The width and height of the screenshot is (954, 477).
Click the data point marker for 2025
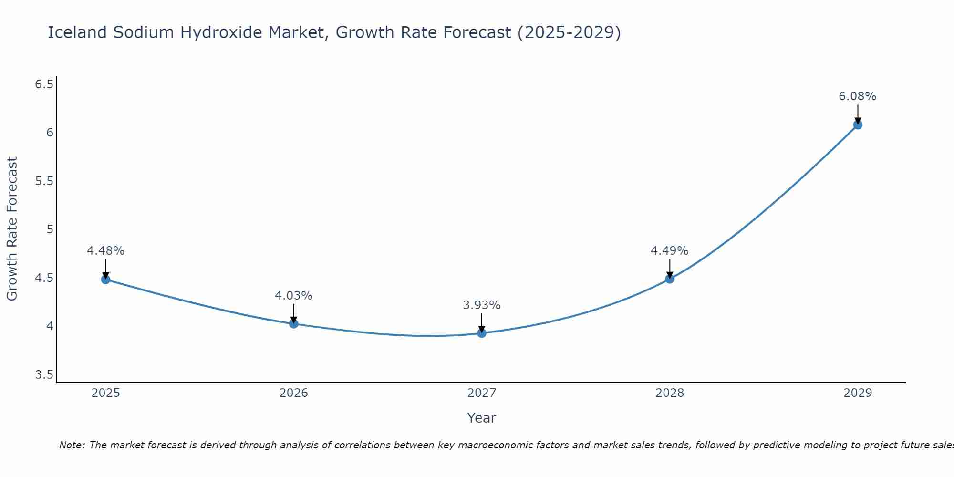pyautogui.click(x=105, y=280)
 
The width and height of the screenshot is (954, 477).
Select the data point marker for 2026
pyautogui.click(x=294, y=324)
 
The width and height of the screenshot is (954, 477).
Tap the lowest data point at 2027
pyautogui.click(x=482, y=333)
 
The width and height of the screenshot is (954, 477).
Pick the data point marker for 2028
pyautogui.click(x=670, y=279)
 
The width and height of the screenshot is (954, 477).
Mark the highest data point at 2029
pyautogui.click(x=858, y=125)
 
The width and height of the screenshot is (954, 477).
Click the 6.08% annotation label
pyautogui.click(x=857, y=96)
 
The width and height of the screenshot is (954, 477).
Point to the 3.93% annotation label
pyautogui.click(x=481, y=305)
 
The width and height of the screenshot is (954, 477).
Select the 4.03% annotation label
pyautogui.click(x=293, y=296)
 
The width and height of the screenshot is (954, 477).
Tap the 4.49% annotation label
pyautogui.click(x=669, y=251)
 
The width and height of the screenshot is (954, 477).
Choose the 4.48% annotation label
pyautogui.click(x=105, y=251)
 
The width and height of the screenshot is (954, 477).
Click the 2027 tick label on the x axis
pyautogui.click(x=482, y=393)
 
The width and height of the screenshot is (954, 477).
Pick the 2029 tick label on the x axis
pyautogui.click(x=858, y=393)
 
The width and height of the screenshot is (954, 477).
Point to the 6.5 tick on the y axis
pyautogui.click(x=44, y=84)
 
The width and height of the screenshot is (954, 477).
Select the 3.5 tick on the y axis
pyautogui.click(x=44, y=375)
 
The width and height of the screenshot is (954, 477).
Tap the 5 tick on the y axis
pyautogui.click(x=50, y=229)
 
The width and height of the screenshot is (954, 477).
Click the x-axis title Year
pyautogui.click(x=481, y=418)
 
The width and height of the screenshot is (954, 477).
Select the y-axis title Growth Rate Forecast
pyautogui.click(x=12, y=229)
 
